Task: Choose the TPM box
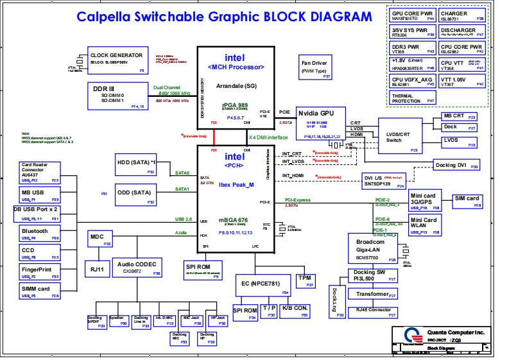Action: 305,280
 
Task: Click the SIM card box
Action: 467,201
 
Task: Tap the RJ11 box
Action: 98,269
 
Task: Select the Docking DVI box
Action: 456,165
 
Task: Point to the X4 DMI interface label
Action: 268,137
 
